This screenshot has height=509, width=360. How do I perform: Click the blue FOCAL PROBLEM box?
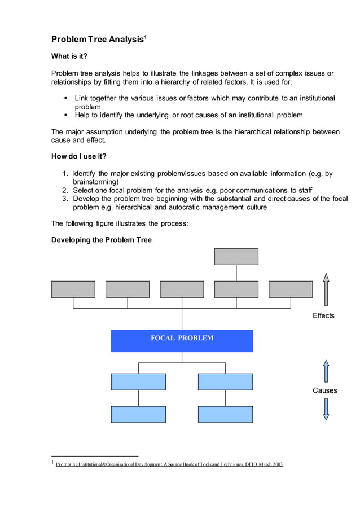[x=182, y=341]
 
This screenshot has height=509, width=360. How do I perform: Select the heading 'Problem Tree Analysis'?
[x=96, y=40]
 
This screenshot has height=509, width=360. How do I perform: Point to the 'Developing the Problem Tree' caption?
[x=102, y=240]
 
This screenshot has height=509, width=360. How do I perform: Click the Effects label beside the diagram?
[x=323, y=315]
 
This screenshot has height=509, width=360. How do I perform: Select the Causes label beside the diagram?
[x=324, y=390]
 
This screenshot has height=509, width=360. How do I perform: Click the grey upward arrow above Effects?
[x=326, y=289]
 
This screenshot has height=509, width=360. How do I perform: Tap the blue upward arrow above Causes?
[x=326, y=371]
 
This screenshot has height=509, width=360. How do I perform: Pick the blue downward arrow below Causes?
[x=326, y=409]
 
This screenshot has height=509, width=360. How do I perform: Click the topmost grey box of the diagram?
[x=236, y=257]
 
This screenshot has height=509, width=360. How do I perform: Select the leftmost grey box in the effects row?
[x=73, y=289]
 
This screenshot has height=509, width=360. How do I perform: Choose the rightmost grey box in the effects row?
[x=291, y=289]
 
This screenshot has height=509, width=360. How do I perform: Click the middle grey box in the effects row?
[x=182, y=289]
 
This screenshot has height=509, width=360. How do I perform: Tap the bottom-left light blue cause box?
[x=138, y=414]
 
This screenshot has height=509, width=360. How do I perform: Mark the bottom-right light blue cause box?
[x=225, y=414]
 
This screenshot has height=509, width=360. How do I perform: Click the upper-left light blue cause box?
[x=138, y=381]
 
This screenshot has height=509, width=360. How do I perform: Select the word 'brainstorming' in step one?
[x=95, y=182]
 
